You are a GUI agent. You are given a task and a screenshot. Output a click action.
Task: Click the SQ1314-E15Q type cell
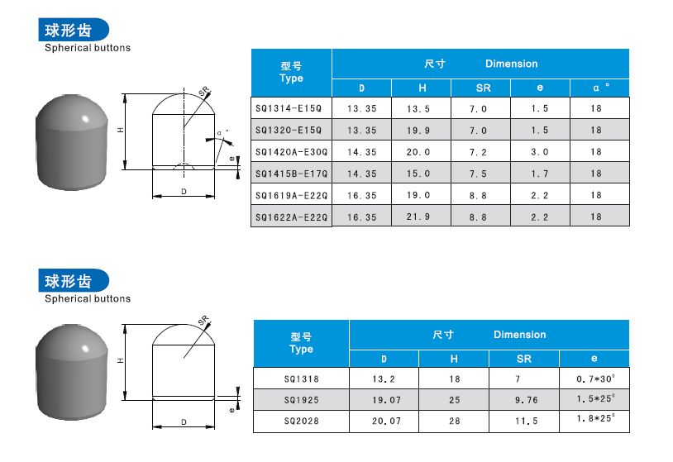point(289,108)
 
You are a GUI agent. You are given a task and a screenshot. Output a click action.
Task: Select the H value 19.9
point(418,131)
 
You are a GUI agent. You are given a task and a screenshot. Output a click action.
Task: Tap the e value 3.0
point(540,152)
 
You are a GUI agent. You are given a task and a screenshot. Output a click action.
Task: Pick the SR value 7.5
point(478,174)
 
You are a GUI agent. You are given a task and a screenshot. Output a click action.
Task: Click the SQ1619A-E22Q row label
point(291,196)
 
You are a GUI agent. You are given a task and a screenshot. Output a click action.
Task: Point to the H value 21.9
point(418,217)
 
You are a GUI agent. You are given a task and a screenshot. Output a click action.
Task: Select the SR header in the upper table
point(484,88)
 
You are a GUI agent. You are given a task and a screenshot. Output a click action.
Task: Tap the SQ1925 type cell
point(301,400)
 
